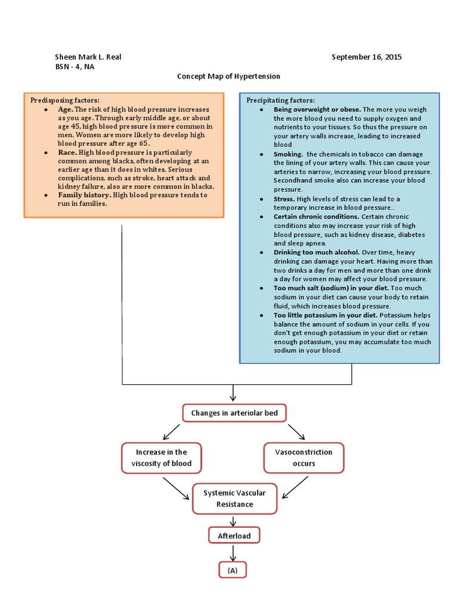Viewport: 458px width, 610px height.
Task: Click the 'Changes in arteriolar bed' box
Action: (x=234, y=413)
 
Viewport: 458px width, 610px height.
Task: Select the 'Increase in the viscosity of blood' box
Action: (x=161, y=457)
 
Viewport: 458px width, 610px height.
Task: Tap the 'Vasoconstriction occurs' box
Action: (x=304, y=457)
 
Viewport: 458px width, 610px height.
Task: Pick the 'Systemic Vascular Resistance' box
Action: (x=234, y=499)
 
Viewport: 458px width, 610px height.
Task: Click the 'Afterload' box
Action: (x=234, y=536)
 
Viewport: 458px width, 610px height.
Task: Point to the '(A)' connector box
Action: (x=232, y=570)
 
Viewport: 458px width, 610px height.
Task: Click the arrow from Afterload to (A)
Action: (x=233, y=553)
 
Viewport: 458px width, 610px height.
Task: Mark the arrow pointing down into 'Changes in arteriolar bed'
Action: (x=233, y=393)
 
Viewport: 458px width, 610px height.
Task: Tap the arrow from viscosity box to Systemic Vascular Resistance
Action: (x=175, y=487)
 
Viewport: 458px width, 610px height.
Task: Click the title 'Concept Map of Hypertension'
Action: (x=228, y=77)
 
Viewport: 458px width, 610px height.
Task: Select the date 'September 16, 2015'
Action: (x=366, y=57)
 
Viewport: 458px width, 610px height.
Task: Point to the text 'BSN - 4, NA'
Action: (x=75, y=67)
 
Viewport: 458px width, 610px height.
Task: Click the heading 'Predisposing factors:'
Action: (x=65, y=100)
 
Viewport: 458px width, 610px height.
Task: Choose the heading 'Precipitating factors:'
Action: (x=280, y=100)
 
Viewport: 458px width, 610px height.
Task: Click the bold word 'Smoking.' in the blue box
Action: (x=288, y=154)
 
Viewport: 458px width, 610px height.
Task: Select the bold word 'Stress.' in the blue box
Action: (x=284, y=198)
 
